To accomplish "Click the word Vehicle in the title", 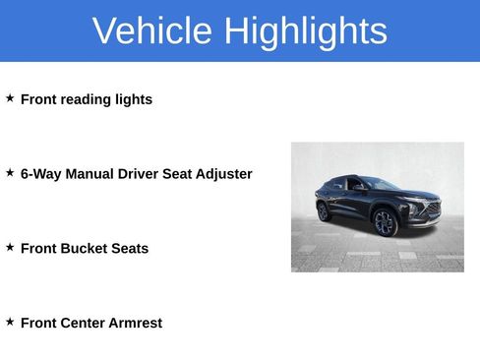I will [x=152, y=31].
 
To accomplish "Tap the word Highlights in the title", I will [x=305, y=31].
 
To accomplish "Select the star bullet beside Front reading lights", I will [x=10, y=98].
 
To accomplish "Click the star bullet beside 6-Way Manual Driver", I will [x=10, y=172].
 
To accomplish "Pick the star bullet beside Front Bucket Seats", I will [x=10, y=247].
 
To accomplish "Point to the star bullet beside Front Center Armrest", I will [x=10, y=322].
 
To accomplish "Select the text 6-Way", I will [x=40, y=174].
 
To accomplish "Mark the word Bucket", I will [x=86, y=249].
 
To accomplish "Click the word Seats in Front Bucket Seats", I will [x=130, y=249].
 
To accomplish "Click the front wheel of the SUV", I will [x=384, y=223].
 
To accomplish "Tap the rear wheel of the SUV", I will [x=323, y=211].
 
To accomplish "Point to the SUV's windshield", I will [x=380, y=184].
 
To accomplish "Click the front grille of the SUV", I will [x=431, y=210].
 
